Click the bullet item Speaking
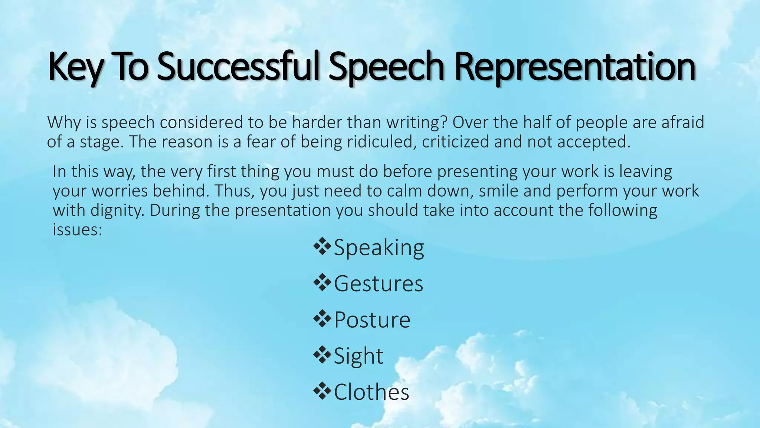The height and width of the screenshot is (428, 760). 379,247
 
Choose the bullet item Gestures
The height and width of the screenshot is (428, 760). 379,284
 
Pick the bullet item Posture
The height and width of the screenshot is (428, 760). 372,320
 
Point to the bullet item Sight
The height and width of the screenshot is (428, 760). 358,356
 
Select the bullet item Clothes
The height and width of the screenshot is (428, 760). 371,392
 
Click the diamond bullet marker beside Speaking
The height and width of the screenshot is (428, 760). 322,247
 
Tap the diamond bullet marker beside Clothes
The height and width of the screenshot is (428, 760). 322,391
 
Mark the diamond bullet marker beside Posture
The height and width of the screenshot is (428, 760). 322,319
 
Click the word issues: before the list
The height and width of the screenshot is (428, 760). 77,230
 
